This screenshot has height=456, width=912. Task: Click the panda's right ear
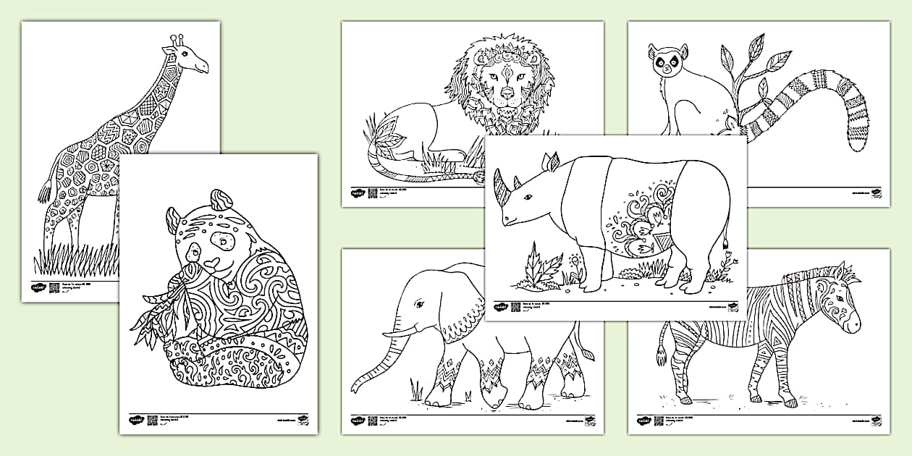point(219,199)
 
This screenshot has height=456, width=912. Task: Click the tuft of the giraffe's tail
point(45,192)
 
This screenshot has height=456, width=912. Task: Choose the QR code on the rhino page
point(515,306)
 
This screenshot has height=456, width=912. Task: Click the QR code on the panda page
point(152,420)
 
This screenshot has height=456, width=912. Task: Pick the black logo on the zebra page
point(643,420)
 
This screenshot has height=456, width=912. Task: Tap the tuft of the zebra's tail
point(661,354)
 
